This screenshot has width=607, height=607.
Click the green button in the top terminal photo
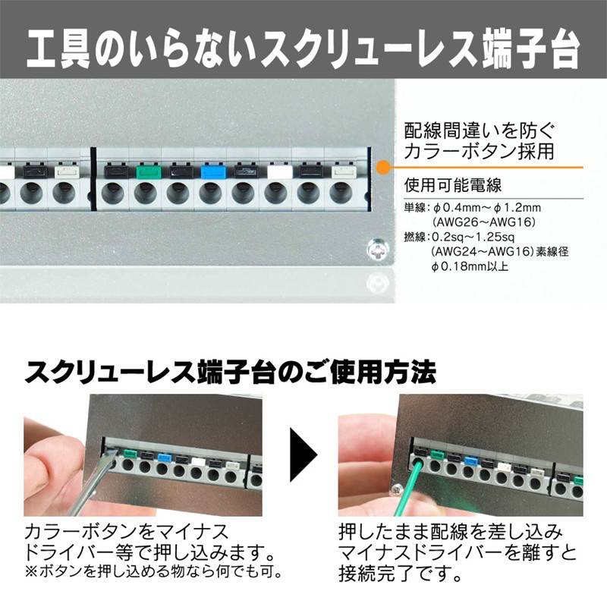(146, 172)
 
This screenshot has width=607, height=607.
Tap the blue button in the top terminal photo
(211, 172)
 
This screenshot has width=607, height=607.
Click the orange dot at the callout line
(383, 167)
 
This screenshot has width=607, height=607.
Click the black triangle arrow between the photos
(303, 454)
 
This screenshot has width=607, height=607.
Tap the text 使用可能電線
(452, 185)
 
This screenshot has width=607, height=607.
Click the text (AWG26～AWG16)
(483, 222)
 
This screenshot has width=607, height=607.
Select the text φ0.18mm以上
(470, 266)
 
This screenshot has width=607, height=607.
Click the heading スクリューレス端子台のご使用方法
(231, 372)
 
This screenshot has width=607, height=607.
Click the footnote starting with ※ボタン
(153, 571)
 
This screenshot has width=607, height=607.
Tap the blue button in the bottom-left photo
(165, 458)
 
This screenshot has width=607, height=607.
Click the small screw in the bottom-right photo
(396, 489)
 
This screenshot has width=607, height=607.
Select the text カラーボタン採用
(479, 151)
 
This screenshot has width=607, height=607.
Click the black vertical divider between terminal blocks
(93, 179)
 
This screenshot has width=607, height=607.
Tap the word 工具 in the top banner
(58, 51)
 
